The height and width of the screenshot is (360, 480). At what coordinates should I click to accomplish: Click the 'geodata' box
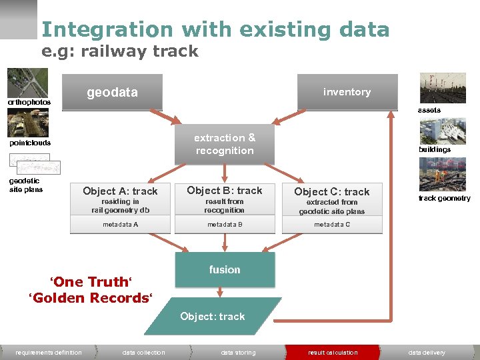(112, 93)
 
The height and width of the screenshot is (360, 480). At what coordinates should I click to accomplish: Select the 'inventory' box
(347, 92)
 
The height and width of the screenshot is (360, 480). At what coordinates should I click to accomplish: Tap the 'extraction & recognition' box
(225, 144)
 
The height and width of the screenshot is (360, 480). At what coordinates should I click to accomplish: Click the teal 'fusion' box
(225, 269)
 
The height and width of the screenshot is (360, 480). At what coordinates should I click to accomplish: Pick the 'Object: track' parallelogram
(213, 316)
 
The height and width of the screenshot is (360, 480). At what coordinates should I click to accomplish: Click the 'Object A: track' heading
(121, 191)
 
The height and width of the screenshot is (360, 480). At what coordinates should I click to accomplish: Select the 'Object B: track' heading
(225, 190)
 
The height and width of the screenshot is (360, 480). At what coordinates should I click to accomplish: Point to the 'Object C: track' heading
(332, 191)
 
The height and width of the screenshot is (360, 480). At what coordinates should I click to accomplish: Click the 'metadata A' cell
(121, 225)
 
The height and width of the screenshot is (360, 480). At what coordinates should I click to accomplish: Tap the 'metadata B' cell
(225, 225)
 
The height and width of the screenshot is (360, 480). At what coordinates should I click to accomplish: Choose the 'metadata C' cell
(332, 225)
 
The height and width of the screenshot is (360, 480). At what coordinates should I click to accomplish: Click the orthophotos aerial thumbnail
(27, 83)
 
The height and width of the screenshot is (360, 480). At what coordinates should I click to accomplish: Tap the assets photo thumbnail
(443, 88)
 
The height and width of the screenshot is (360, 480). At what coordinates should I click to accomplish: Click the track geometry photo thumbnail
(443, 175)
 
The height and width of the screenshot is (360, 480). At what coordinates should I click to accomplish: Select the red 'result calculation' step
(333, 353)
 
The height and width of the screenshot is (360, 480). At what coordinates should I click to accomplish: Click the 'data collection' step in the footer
(143, 353)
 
